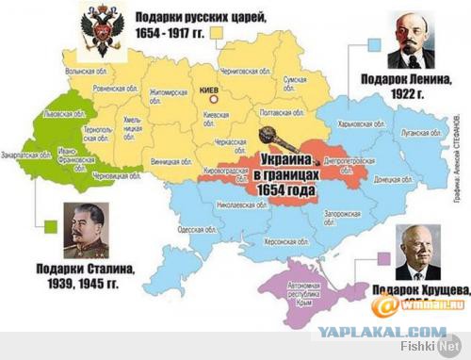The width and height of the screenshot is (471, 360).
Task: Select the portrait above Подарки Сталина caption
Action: coord(86,230)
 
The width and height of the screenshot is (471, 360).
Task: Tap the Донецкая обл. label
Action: coord(361,175)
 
